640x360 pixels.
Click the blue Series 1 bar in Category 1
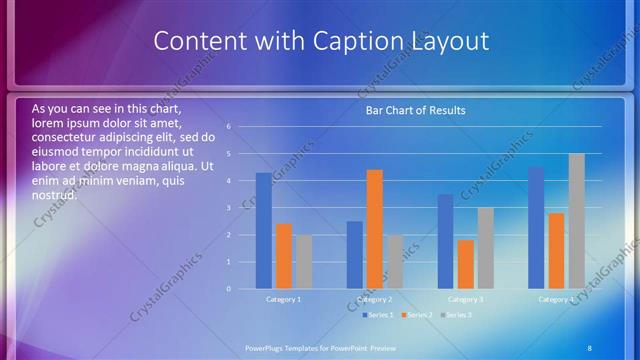click(x=263, y=231)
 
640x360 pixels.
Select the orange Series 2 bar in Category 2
click(x=374, y=229)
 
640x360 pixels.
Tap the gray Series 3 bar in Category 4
click(x=576, y=221)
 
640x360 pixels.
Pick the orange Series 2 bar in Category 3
click(x=465, y=264)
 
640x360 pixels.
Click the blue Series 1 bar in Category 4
click(x=536, y=228)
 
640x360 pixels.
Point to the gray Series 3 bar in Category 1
click(x=303, y=262)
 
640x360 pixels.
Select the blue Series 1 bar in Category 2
click(x=354, y=255)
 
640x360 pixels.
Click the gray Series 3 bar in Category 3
click(x=485, y=248)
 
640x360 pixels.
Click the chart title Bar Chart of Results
click(x=415, y=110)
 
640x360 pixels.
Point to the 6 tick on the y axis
click(x=229, y=127)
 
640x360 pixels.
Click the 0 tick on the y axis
click(x=229, y=289)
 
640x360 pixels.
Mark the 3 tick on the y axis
click(x=229, y=208)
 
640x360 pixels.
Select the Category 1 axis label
click(x=283, y=299)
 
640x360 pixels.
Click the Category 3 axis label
click(x=465, y=299)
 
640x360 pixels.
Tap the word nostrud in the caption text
click(x=55, y=195)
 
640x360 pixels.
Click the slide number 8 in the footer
click(x=589, y=347)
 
